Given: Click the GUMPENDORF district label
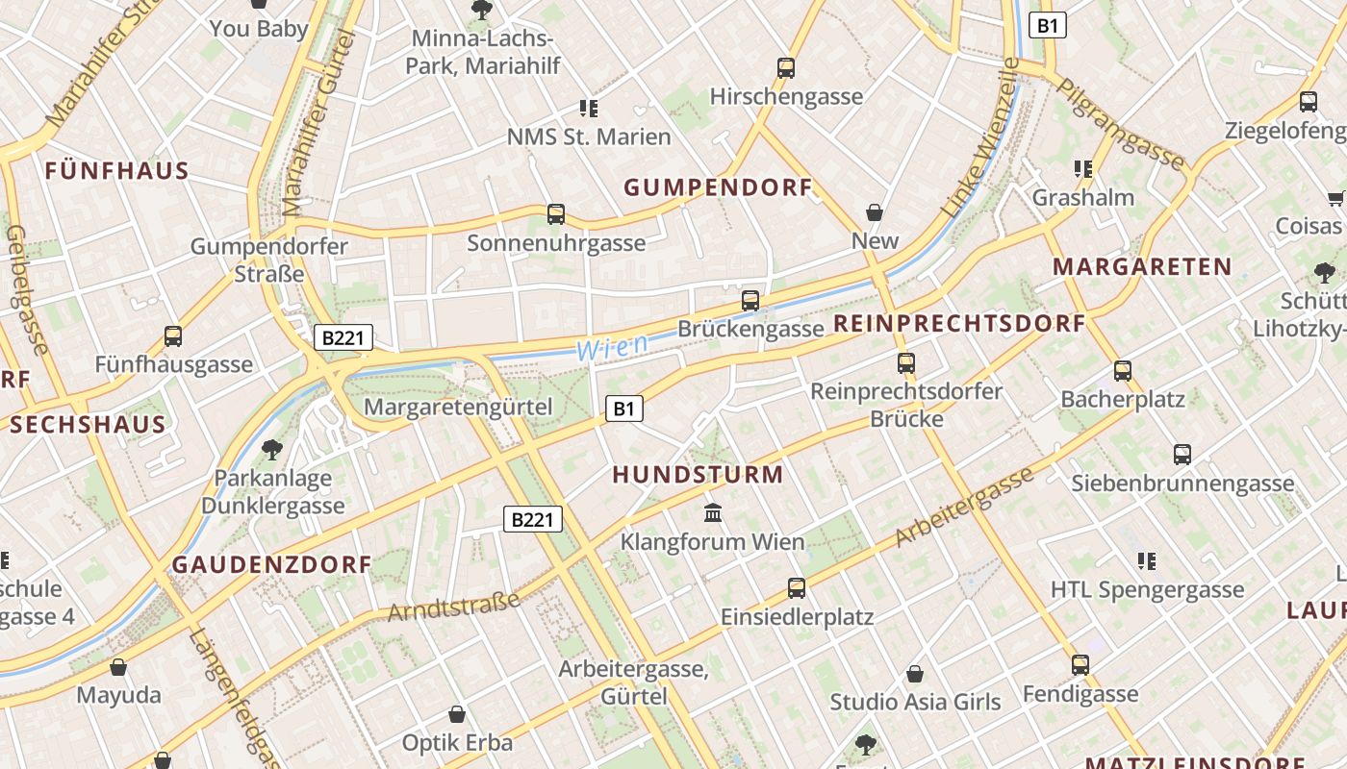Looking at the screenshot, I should (x=719, y=187).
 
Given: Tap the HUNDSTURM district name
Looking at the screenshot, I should (x=698, y=474).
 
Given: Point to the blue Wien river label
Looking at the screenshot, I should (x=612, y=348).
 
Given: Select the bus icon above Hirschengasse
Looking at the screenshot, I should (x=786, y=68).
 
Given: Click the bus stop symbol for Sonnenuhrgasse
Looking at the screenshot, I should (x=555, y=214).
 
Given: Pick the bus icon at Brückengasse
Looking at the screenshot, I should (x=750, y=300).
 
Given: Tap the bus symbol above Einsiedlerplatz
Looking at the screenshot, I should (x=797, y=587).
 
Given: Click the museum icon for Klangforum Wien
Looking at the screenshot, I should (x=713, y=512).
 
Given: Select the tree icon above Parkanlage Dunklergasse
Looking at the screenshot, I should (x=272, y=449).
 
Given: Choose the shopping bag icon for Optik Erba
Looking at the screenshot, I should (x=457, y=714).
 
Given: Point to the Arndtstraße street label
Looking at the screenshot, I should (x=453, y=607).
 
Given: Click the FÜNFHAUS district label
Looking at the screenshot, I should (x=116, y=171).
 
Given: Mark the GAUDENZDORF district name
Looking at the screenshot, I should (x=271, y=564).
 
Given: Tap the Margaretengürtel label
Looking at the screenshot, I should (x=458, y=407).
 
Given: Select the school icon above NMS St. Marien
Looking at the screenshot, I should (x=589, y=109).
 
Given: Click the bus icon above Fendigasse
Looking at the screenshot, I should (x=1080, y=664).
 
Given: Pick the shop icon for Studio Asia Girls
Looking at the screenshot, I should (x=915, y=674).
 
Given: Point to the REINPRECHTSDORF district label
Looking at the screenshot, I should (x=959, y=323).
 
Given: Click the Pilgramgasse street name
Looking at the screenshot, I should (x=1121, y=122).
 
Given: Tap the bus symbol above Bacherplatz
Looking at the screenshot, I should (x=1122, y=370).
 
